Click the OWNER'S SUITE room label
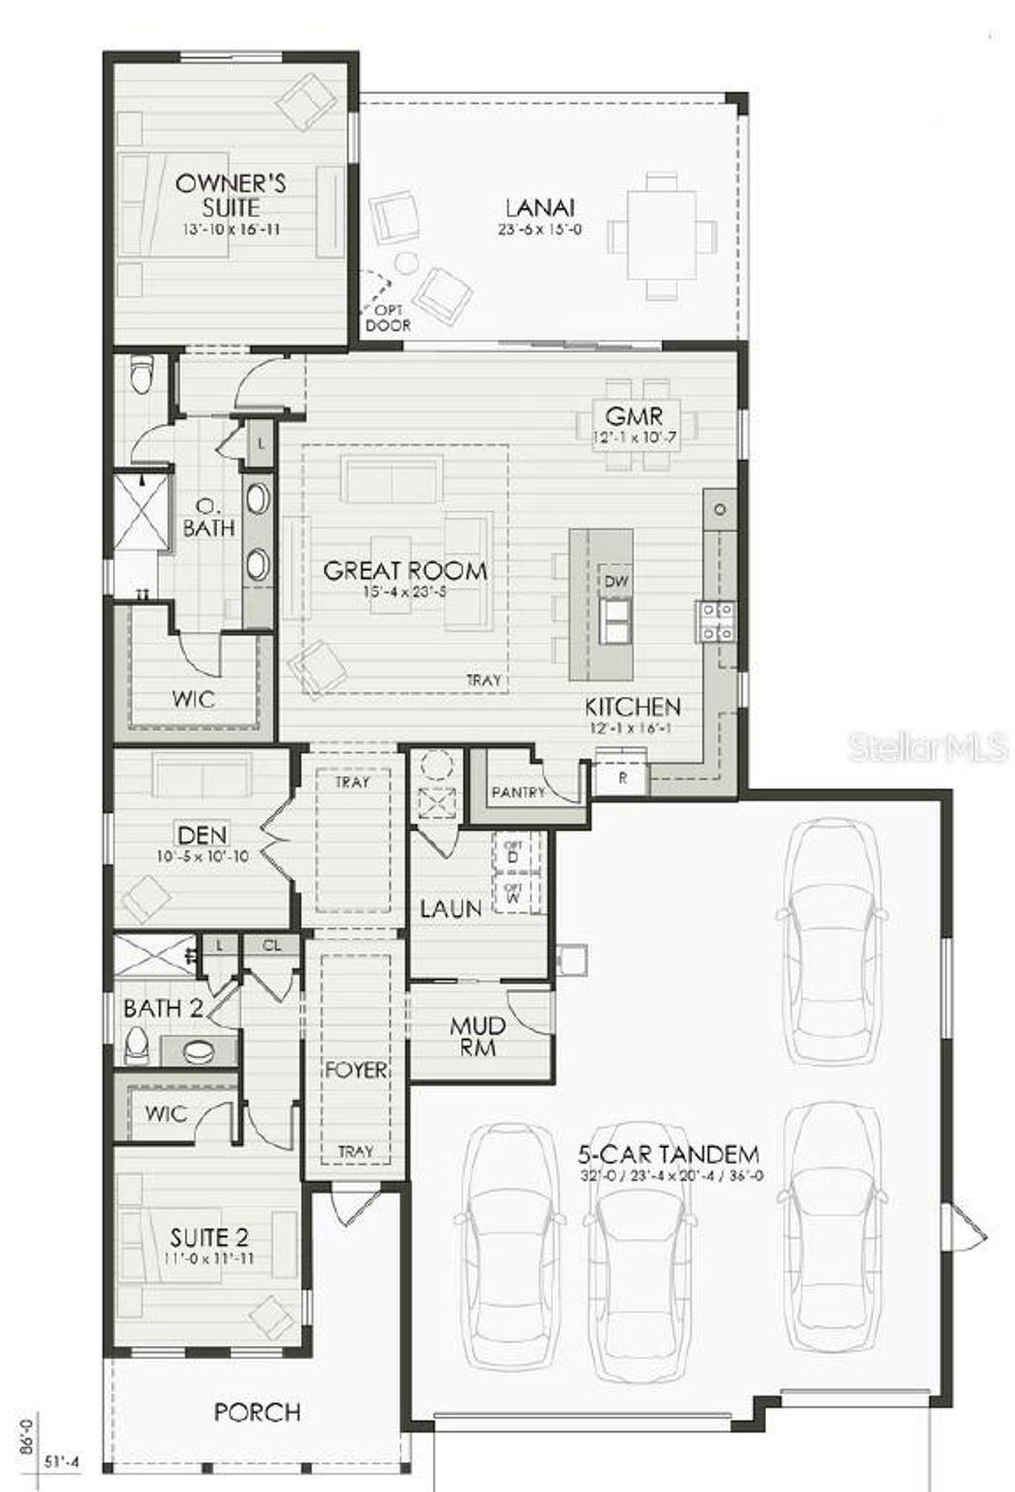click(230, 195)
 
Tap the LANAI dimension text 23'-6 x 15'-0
click(539, 230)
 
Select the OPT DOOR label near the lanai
click(388, 317)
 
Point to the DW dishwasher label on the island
click(616, 582)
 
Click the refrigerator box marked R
click(622, 778)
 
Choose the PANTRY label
click(518, 792)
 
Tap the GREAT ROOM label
click(405, 570)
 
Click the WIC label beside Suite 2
click(166, 1113)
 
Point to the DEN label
click(202, 836)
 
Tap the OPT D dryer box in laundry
click(513, 850)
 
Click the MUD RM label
click(478, 1035)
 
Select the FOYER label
click(355, 1071)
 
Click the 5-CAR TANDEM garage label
click(669, 1154)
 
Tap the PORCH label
click(257, 1412)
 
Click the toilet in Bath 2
click(137, 1044)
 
